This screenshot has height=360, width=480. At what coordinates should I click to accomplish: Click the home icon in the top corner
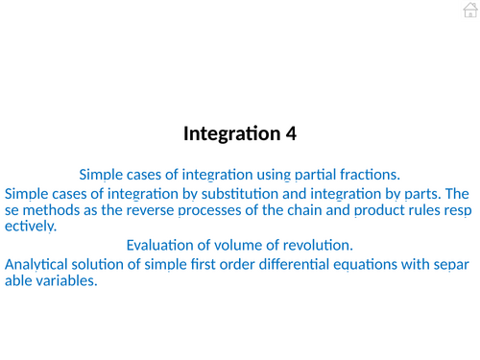tap(468, 11)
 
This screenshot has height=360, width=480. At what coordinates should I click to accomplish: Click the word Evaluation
tap(164, 245)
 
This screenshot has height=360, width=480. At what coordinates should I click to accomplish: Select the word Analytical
tap(42, 263)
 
